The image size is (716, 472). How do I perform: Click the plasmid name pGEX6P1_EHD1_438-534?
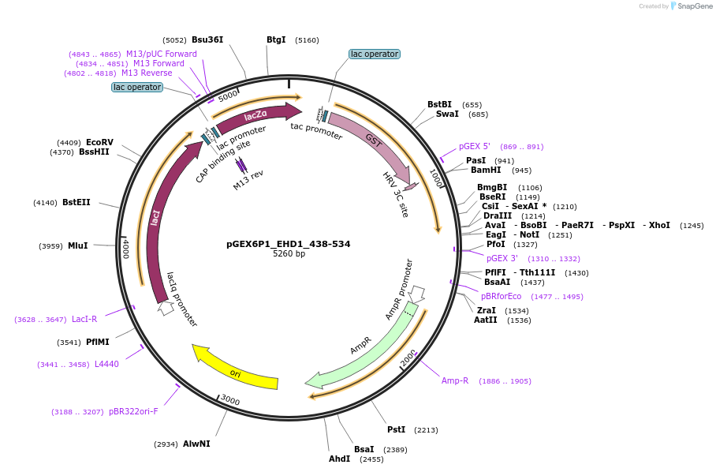(x=289, y=244)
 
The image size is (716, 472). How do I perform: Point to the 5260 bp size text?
(x=289, y=254)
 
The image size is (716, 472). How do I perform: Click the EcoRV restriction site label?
(x=99, y=142)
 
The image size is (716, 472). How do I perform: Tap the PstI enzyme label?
(x=396, y=429)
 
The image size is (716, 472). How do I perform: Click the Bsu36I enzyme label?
(x=207, y=39)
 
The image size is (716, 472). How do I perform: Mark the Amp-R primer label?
(x=455, y=380)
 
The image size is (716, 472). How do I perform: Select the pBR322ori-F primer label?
(x=133, y=411)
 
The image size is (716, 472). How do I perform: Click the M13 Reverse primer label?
(x=146, y=73)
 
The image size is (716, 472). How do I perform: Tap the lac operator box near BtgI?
(x=375, y=54)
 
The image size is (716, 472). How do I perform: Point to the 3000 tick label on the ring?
(x=229, y=400)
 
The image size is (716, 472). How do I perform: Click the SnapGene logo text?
(x=694, y=6)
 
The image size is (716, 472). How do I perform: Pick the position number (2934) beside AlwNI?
(x=166, y=444)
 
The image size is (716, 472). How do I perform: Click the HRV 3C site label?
(x=395, y=194)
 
